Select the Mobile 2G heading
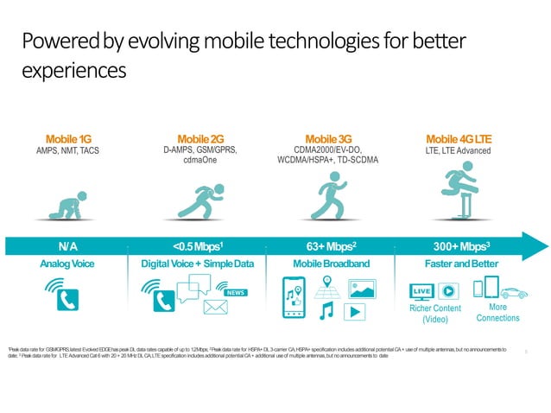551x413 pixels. pos(200,138)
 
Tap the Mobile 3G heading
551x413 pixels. pos(328,138)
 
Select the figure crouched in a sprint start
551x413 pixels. pos(199,199)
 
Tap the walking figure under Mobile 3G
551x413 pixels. pos(328,194)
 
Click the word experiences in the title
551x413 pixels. pos(74,70)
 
